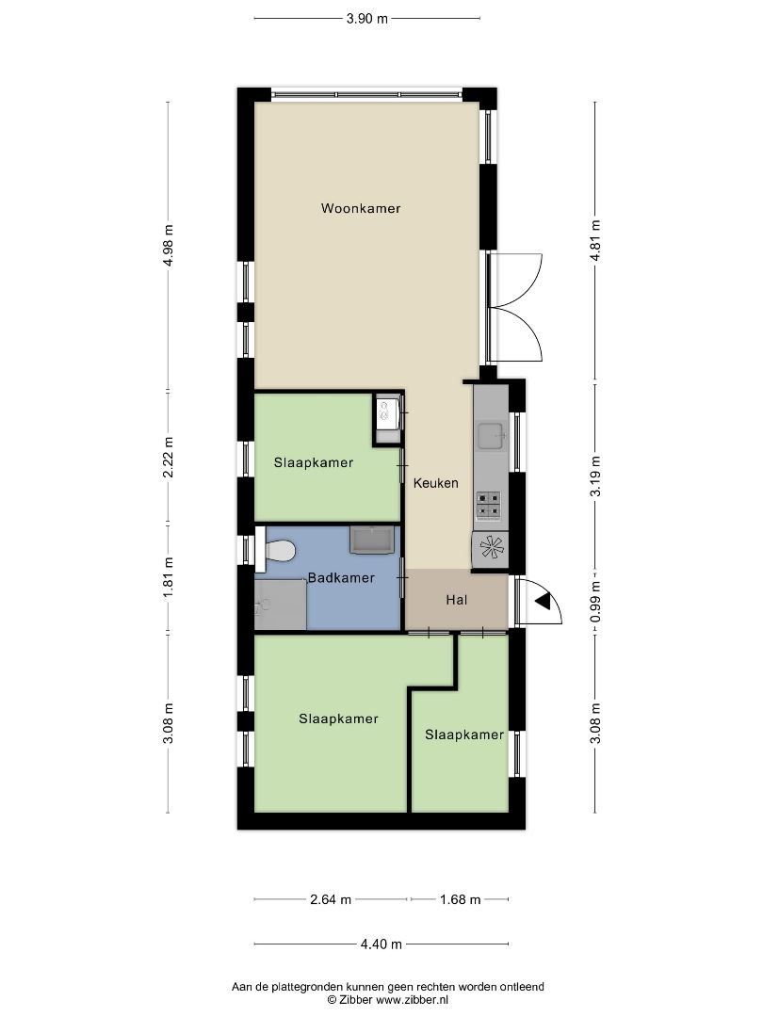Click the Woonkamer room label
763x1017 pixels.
(361, 208)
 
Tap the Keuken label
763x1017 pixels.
(436, 482)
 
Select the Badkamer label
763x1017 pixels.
(341, 577)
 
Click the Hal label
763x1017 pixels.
(457, 600)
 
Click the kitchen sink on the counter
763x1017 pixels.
(491, 436)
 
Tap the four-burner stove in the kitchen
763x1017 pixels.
(489, 506)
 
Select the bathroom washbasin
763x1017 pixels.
(372, 540)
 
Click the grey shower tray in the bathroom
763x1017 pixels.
(281, 605)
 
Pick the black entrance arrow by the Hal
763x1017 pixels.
(543, 601)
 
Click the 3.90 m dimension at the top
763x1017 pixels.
(367, 18)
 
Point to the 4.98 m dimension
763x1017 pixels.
(169, 245)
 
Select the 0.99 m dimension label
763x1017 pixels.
(595, 603)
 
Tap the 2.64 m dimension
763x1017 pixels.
(331, 899)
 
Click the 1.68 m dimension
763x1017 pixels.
(460, 899)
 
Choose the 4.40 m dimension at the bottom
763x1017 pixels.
(381, 944)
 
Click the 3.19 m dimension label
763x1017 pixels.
(595, 476)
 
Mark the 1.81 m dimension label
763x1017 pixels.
(169, 578)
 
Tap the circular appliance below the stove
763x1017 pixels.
(491, 548)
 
